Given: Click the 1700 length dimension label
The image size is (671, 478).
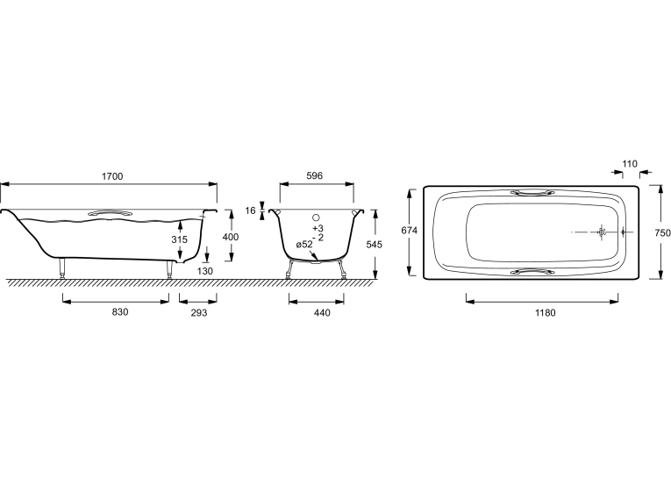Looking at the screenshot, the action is (112, 176).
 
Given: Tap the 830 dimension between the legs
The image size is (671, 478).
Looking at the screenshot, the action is (120, 312).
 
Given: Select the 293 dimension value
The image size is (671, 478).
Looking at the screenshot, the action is (199, 313).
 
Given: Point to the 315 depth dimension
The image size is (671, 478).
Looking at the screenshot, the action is (180, 239).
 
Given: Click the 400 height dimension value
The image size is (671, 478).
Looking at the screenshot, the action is (231, 237).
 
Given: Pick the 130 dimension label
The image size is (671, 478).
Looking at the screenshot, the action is (205, 271).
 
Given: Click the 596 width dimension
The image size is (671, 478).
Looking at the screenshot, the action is (315, 175).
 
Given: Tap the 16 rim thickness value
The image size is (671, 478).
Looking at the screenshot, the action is (250, 210).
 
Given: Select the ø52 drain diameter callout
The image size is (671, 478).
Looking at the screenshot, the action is (304, 245).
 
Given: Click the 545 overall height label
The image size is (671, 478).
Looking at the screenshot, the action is (375, 245).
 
